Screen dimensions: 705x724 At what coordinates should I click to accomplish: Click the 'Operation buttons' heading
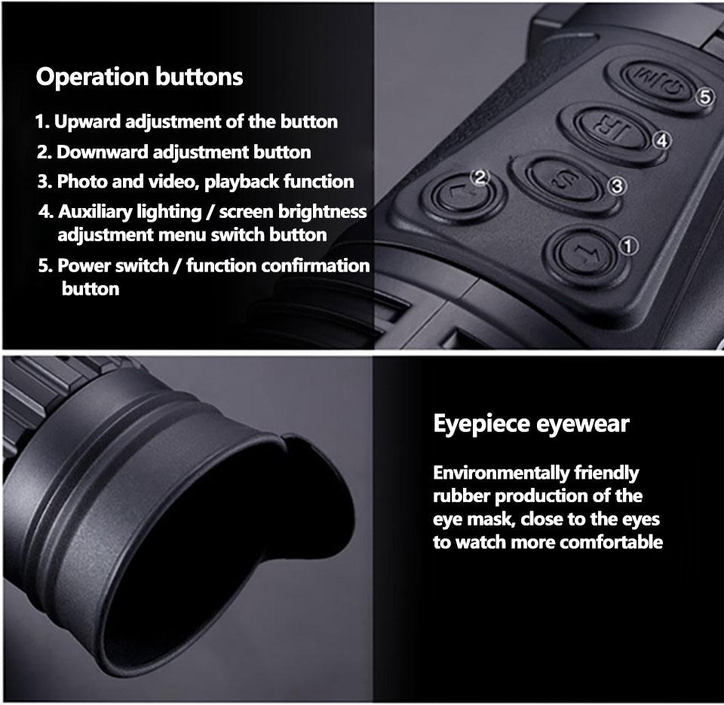[140, 77]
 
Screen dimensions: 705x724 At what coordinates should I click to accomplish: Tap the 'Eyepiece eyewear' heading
[530, 424]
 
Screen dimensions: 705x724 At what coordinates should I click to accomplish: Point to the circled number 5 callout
[704, 97]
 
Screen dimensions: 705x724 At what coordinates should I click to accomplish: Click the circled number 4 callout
[661, 140]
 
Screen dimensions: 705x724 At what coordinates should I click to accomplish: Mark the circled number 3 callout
[615, 185]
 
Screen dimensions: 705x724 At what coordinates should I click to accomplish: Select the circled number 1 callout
[627, 244]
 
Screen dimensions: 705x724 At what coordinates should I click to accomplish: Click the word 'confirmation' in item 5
[322, 265]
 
